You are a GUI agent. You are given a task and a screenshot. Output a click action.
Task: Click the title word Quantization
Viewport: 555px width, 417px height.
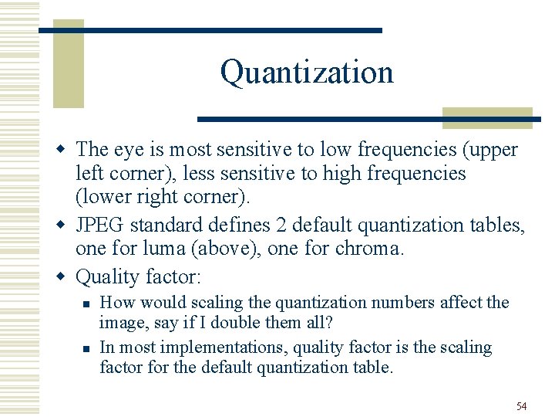click(307, 73)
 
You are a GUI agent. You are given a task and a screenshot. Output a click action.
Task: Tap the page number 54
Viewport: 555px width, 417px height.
click(522, 406)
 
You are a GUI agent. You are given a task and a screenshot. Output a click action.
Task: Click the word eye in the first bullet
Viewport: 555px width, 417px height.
click(129, 149)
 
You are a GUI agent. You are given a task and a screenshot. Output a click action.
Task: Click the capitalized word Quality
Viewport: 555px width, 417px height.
click(106, 276)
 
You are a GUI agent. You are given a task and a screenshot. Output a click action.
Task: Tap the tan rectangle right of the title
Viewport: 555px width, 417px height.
click(487, 117)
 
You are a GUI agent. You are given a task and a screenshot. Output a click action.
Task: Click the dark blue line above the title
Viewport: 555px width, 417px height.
click(210, 30)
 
